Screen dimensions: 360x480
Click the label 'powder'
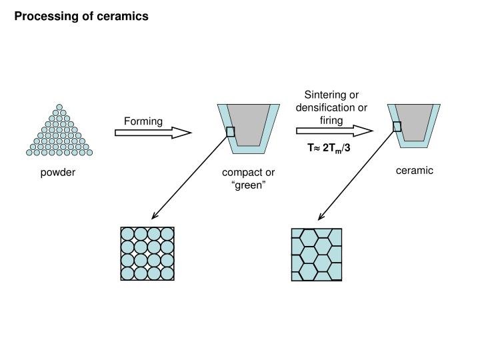(x=58, y=173)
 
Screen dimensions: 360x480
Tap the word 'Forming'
(x=143, y=121)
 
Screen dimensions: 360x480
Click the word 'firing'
(x=331, y=120)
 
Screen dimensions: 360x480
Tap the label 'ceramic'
(x=414, y=171)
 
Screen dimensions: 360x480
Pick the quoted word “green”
(x=248, y=185)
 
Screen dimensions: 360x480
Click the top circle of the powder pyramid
(x=59, y=107)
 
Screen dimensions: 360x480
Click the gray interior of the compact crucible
(x=248, y=125)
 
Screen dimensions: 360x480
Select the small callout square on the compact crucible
(x=230, y=131)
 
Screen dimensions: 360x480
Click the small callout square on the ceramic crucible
(x=397, y=127)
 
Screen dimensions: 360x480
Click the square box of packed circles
(x=148, y=253)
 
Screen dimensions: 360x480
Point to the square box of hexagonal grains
(x=317, y=253)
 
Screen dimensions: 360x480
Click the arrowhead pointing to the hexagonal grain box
(x=321, y=217)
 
